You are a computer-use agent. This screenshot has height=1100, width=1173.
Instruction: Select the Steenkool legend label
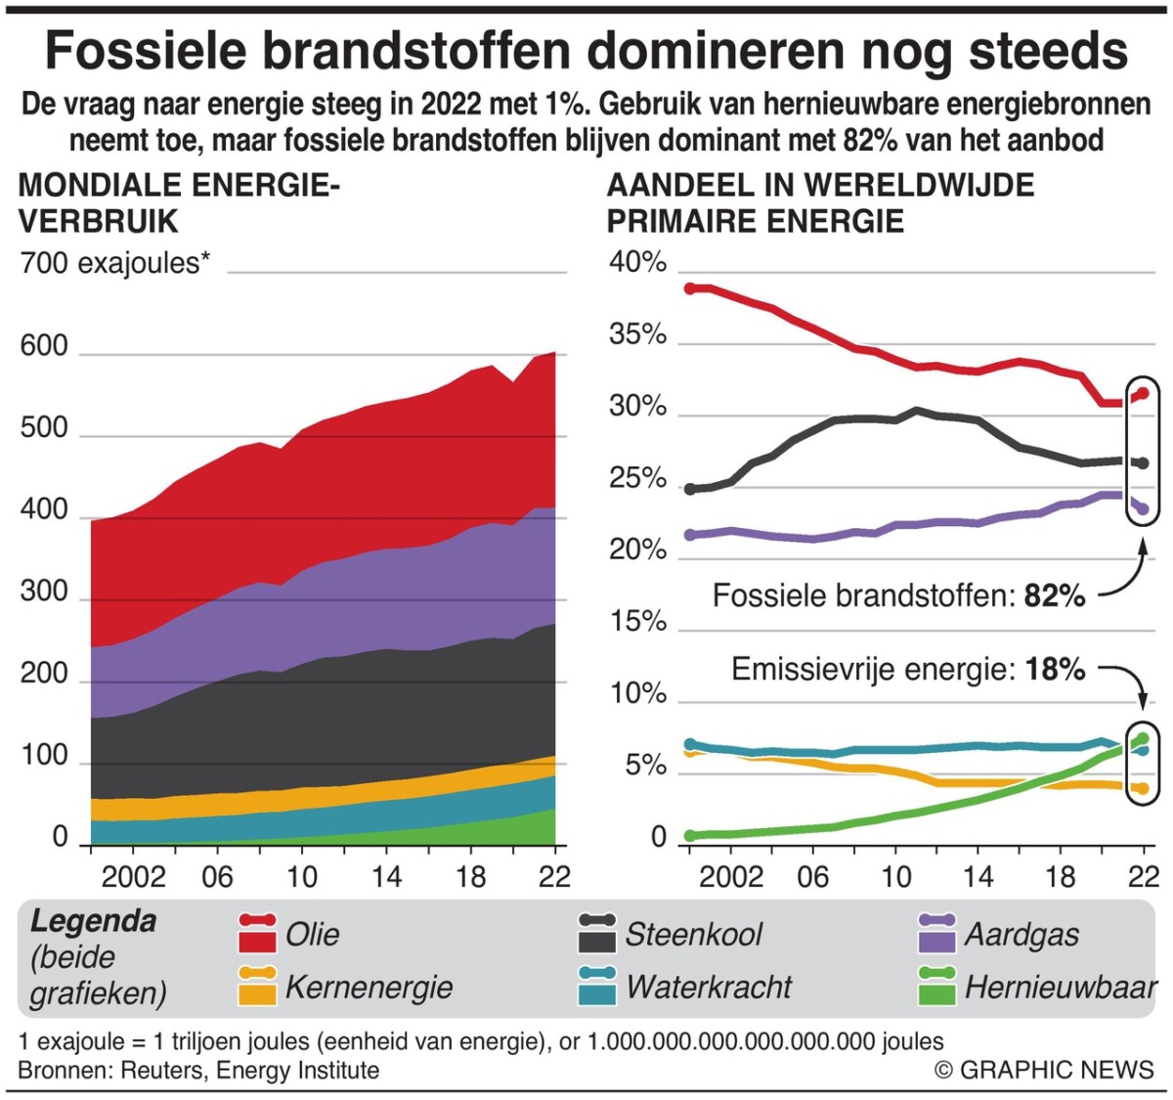(x=693, y=935)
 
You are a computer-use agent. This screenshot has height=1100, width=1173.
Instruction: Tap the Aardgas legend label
(x=1021, y=935)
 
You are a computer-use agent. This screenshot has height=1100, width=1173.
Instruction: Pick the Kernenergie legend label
(x=369, y=988)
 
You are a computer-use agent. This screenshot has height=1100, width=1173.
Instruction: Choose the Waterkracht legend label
(x=709, y=988)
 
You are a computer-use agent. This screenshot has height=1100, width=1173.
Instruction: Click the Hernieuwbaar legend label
(x=1061, y=988)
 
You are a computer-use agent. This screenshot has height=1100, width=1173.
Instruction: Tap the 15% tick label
(x=637, y=622)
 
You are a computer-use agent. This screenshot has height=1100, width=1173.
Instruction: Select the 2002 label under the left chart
(x=134, y=876)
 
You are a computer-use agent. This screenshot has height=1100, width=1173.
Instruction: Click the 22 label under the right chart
(x=1143, y=876)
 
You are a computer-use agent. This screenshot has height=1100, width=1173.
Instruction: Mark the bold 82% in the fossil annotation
(x=1055, y=595)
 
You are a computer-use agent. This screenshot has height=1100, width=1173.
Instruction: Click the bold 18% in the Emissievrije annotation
(x=1055, y=670)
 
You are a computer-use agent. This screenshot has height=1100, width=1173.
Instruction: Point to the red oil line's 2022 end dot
(x=1142, y=393)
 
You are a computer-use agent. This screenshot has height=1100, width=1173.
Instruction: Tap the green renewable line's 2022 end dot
(x=1142, y=739)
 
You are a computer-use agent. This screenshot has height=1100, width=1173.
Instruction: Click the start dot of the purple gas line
(x=690, y=535)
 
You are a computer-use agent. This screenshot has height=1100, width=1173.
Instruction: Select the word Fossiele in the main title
(x=145, y=51)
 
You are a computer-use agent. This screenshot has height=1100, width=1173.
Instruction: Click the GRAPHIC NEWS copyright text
(x=1044, y=1070)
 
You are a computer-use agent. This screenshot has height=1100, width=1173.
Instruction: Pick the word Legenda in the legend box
(x=93, y=921)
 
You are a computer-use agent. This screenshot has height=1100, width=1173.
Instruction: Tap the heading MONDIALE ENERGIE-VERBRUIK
(x=179, y=203)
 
